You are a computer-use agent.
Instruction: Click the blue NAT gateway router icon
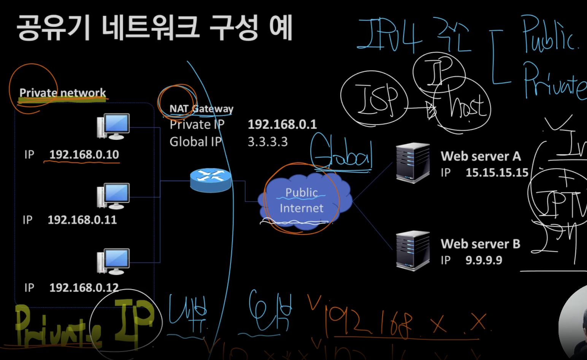pos(210,180)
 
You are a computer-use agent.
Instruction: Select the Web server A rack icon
pos(412,162)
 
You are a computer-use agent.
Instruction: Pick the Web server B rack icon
pos(412,251)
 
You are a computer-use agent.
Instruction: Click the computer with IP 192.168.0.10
pos(114,126)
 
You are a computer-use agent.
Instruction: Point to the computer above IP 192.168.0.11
pos(114,196)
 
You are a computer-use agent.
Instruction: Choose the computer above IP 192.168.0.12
pos(114,261)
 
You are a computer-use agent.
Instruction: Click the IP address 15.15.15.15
pos(497,173)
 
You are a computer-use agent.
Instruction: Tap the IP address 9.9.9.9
pos(484,260)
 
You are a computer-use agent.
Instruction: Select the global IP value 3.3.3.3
pos(268,142)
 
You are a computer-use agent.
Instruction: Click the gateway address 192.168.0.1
pos(282,124)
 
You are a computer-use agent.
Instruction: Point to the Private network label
pos(63,93)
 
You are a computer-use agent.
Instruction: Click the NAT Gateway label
pos(201,109)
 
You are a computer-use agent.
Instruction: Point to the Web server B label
pos(480,244)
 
